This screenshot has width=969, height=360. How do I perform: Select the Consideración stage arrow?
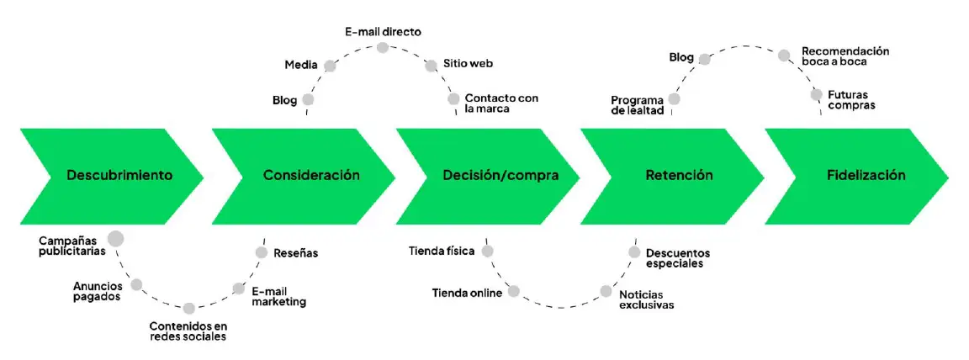coord(307,176)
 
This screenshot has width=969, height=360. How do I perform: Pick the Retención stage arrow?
coord(677,176)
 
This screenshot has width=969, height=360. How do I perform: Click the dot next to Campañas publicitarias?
coord(116,239)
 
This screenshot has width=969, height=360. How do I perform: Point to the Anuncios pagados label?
coord(97,290)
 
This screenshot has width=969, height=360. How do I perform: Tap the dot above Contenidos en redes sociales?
coord(188,309)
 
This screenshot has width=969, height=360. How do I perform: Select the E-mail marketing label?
coord(278,296)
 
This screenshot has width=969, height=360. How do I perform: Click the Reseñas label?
coord(295,252)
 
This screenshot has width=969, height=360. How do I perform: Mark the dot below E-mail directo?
coord(383,47)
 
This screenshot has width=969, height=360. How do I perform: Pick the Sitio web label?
coord(469,64)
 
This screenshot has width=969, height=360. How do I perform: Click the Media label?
coord(300,64)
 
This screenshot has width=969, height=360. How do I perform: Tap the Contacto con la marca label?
coord(501,103)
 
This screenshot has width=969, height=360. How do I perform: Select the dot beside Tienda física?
coord(487,251)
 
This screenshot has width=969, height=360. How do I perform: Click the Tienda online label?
coord(467,293)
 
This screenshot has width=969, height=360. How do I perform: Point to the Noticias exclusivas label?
coord(646,299)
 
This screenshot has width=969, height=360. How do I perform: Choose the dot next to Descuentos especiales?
coord(635,251)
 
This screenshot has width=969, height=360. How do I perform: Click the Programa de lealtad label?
coord(638,105)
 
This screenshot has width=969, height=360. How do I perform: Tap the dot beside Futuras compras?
coord(816,94)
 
